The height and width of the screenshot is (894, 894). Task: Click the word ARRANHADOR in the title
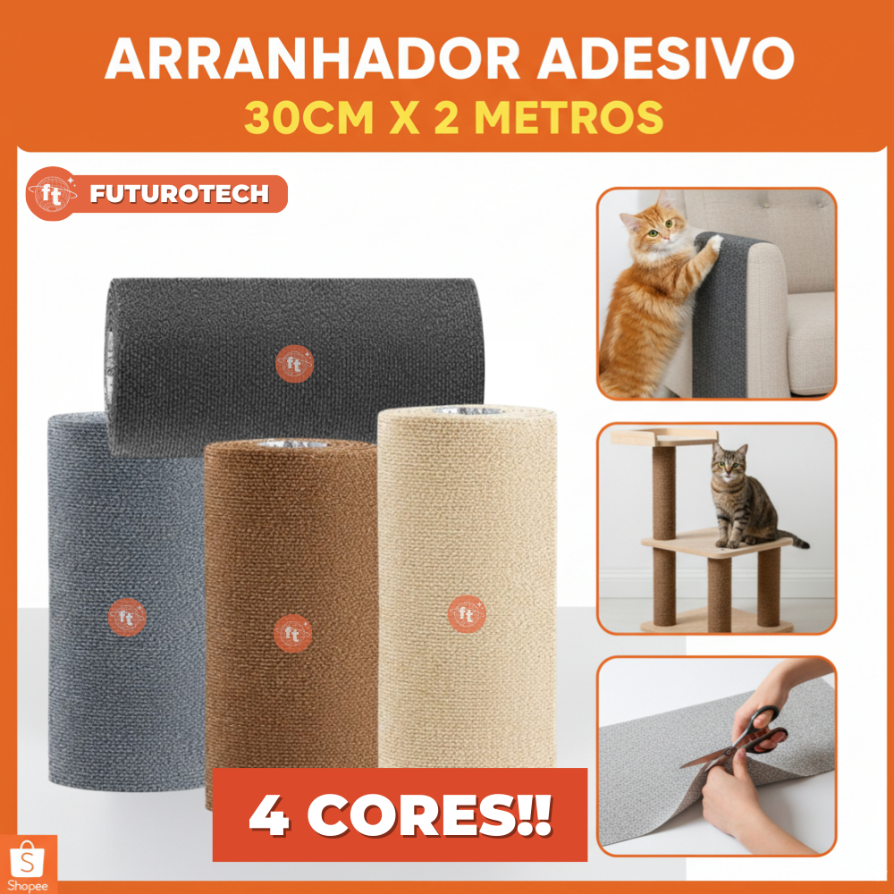[312, 59]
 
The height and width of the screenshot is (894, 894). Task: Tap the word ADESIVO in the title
[665, 59]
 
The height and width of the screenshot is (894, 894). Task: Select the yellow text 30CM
[309, 117]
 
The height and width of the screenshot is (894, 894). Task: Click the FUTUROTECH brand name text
[179, 194]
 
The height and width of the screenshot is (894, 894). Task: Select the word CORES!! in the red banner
[429, 815]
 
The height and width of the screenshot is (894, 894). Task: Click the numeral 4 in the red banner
[269, 815]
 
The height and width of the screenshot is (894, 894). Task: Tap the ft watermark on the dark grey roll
[294, 363]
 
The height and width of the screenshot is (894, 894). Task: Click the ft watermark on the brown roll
[292, 633]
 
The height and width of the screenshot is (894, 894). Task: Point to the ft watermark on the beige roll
[467, 614]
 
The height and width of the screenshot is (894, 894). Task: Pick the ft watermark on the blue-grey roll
[127, 617]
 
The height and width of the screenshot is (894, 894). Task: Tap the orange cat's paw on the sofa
[713, 243]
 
